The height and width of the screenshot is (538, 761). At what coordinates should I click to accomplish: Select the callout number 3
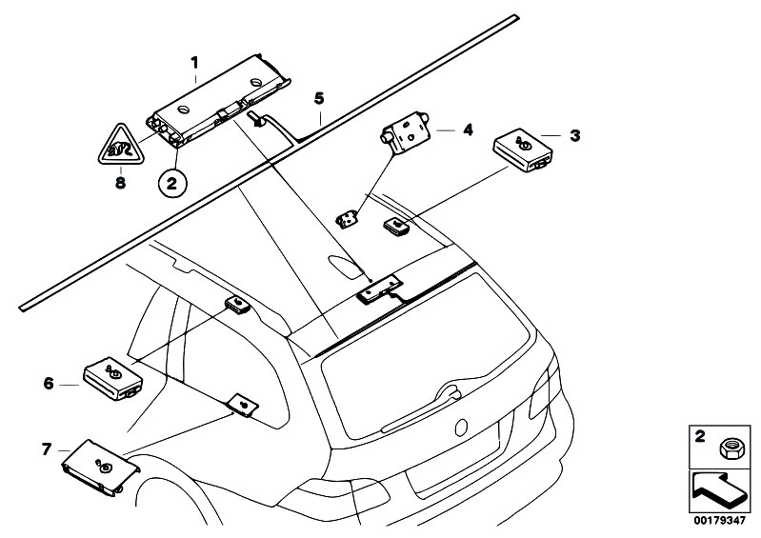coord(574,136)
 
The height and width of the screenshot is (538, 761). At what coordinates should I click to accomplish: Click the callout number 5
coord(319,98)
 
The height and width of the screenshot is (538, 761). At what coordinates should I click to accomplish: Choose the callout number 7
coord(46,448)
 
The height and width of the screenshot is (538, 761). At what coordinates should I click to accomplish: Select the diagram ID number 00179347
coord(719,522)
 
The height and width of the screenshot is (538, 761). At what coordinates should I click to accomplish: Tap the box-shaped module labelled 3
coord(523,149)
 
